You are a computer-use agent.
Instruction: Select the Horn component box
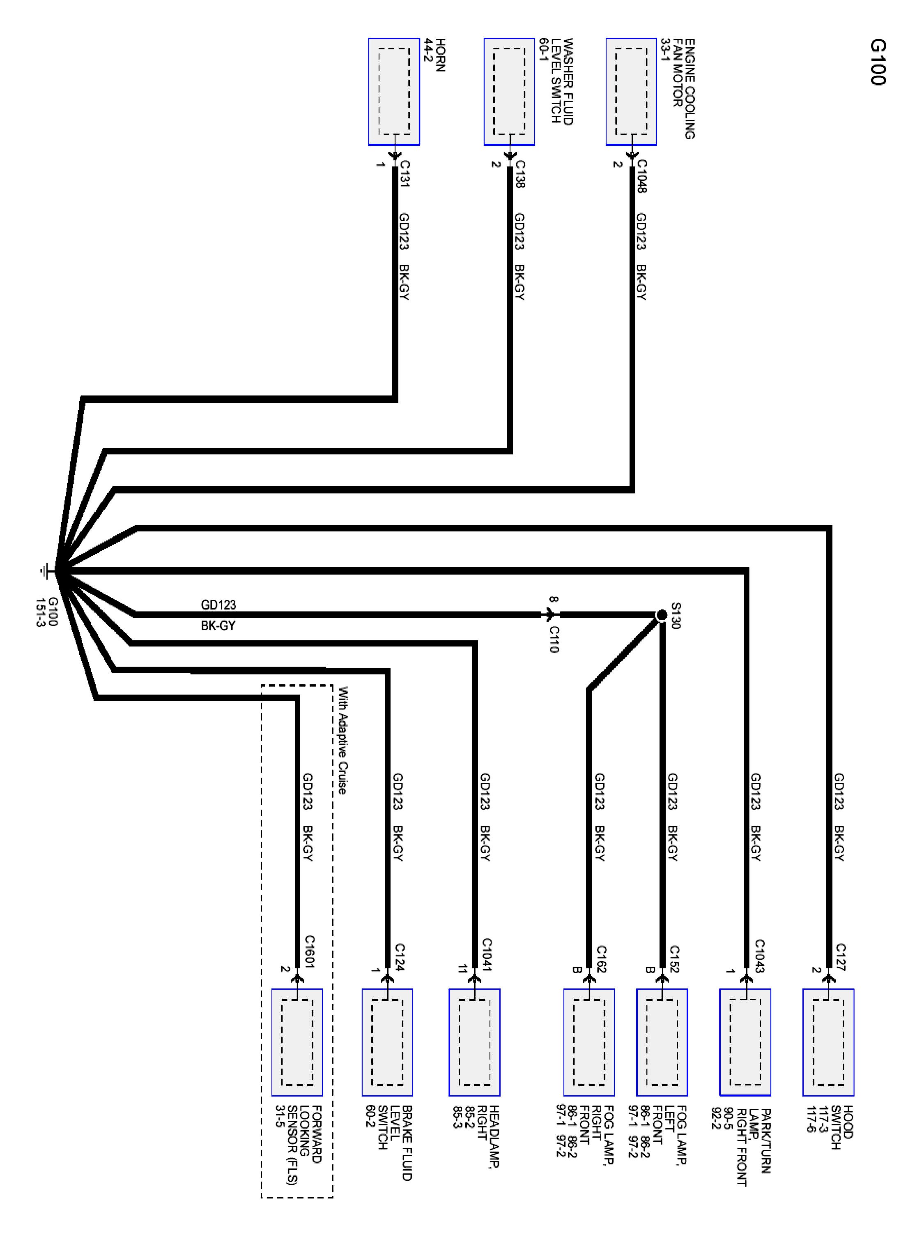coord(394,91)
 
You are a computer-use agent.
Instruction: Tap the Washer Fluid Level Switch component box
coord(509,91)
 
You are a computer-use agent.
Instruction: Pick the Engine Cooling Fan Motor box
coord(631,91)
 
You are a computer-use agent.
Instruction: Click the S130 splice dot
coord(661,615)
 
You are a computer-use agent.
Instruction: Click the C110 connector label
coord(554,639)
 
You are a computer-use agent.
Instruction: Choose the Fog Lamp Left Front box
coord(662,1042)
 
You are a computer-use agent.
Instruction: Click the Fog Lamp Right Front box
coord(589,1042)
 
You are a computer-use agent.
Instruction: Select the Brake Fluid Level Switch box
coord(387,1042)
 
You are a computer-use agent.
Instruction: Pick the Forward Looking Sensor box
coord(297,1042)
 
